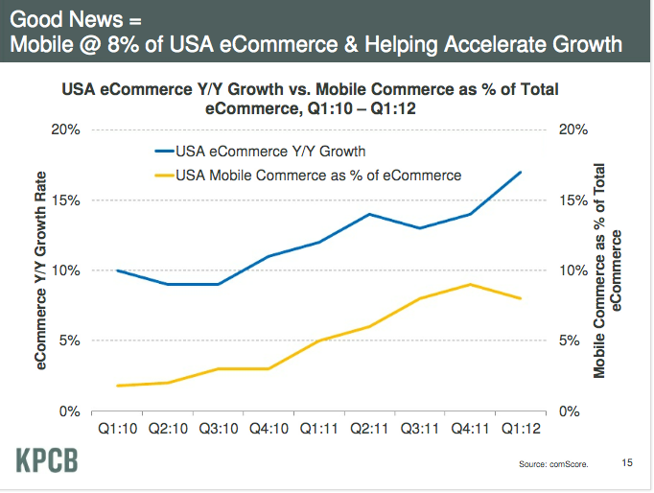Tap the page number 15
628,462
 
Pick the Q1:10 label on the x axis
116,431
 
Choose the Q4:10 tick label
268,431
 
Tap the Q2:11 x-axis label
369,431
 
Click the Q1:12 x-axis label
520,431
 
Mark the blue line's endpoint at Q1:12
520,173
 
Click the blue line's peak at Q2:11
369,214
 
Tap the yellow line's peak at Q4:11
470,284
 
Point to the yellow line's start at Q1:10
117,386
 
